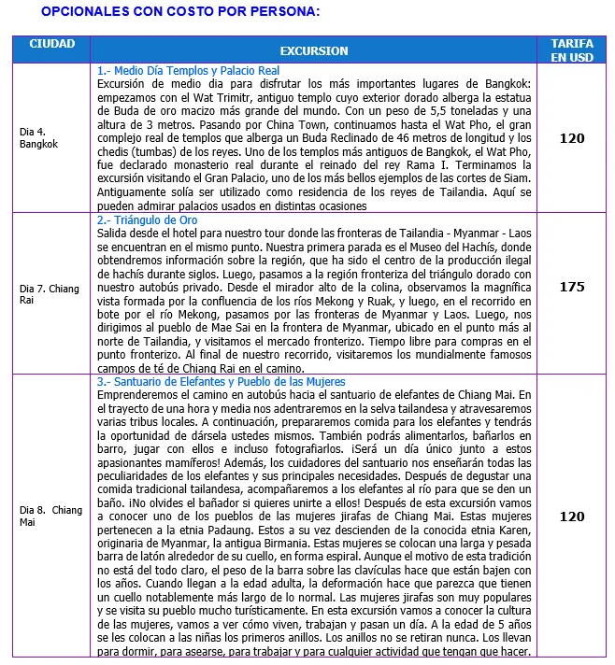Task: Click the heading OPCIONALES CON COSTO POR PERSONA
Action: tap(180, 12)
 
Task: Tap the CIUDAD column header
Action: tap(52, 44)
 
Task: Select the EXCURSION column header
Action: tap(313, 50)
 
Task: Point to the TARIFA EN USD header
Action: tap(571, 50)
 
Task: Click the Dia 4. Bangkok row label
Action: tap(39, 138)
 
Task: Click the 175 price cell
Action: tap(571, 287)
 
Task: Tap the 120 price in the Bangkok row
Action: tap(571, 138)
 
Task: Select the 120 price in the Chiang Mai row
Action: tap(571, 516)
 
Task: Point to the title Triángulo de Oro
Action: tap(147, 219)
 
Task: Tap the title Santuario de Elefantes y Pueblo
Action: tap(222, 382)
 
